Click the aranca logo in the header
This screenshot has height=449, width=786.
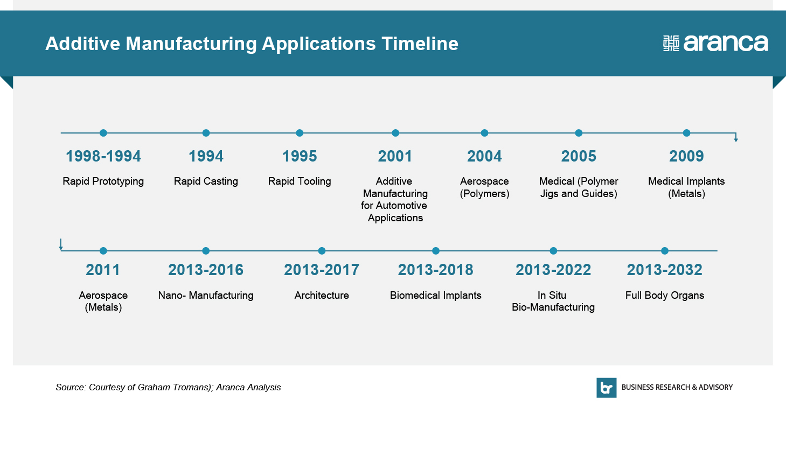715,44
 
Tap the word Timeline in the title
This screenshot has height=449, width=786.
420,44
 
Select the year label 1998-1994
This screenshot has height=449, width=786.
103,156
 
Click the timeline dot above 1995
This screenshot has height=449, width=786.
300,133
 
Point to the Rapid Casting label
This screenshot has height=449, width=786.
206,181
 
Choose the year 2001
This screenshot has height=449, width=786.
395,156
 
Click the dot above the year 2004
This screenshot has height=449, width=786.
484,133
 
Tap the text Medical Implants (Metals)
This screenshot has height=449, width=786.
686,187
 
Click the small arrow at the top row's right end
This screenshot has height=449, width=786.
736,137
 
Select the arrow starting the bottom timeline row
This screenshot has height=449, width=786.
61,244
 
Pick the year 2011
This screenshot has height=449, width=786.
103,270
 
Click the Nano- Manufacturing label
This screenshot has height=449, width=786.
206,296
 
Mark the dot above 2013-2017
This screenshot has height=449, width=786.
322,251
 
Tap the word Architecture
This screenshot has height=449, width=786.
322,296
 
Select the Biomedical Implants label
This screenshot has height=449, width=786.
435,296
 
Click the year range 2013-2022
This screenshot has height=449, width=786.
553,270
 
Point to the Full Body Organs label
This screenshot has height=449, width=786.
665,296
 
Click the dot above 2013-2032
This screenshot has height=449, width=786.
665,251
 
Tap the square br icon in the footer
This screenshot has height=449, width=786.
607,388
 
